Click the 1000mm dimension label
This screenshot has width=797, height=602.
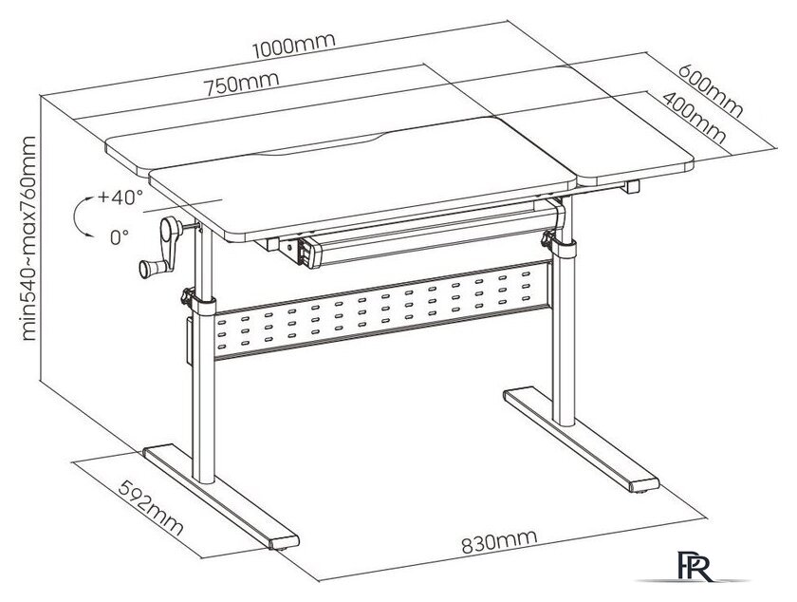tap(294, 46)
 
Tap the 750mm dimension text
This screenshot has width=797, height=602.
tap(242, 85)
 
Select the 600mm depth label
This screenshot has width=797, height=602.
tap(711, 90)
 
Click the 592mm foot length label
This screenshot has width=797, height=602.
tap(151, 508)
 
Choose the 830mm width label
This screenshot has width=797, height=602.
tap(499, 541)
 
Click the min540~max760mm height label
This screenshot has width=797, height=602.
tap(29, 238)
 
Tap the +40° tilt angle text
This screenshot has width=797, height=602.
tap(120, 197)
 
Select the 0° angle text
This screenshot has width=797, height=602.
tap(120, 236)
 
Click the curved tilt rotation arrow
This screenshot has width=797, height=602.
tap(75, 216)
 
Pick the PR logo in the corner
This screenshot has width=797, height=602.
tap(695, 565)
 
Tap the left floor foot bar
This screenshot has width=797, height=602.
tap(221, 498)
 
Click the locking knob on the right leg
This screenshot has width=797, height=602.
tap(548, 237)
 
